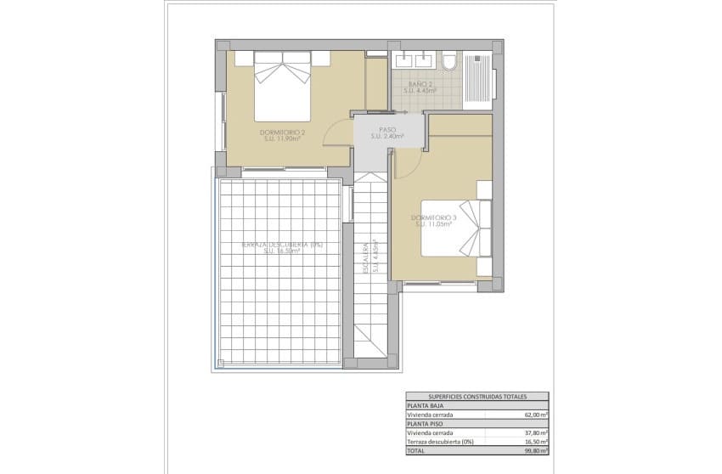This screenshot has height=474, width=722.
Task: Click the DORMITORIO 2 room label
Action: pos(284,136)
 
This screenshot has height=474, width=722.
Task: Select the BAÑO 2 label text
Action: pos(421,87)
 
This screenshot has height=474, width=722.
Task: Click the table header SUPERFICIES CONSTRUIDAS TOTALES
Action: pos(477,396)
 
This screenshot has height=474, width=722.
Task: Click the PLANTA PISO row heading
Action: pos(424,423)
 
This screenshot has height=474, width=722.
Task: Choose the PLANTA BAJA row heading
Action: pos(424,405)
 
